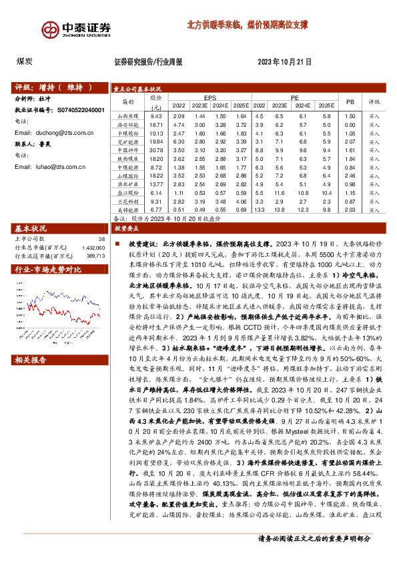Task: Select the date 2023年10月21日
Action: click(284, 61)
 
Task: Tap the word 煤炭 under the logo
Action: click(25, 61)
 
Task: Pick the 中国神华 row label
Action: click(127, 150)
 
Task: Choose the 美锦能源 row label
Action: click(127, 210)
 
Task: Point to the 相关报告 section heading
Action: click(31, 360)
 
